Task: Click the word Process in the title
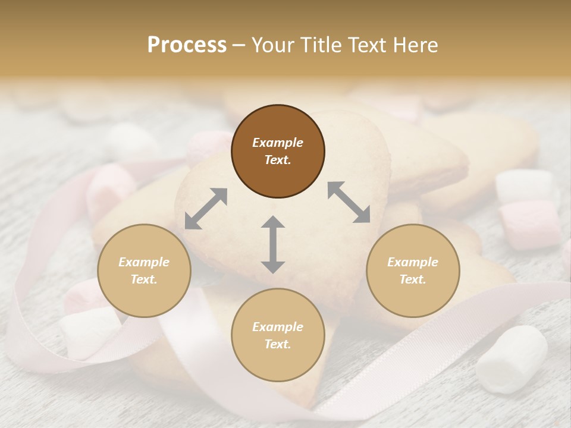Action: tap(187, 45)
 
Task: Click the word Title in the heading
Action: tap(322, 45)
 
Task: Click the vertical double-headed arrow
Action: tap(273, 244)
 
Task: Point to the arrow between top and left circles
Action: tap(206, 209)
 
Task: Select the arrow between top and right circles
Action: tap(349, 202)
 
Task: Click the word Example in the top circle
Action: tap(278, 143)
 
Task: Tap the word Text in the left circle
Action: tap(143, 279)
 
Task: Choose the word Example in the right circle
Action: tap(413, 262)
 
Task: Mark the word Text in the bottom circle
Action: tap(277, 344)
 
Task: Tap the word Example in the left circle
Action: tap(144, 262)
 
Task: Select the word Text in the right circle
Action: tap(412, 279)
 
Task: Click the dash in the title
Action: tap(239, 45)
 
